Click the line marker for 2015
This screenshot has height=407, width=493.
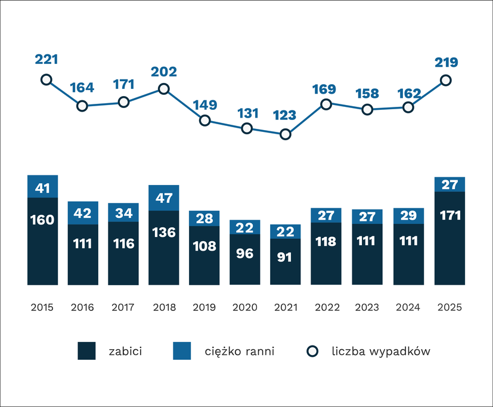pos(46,80)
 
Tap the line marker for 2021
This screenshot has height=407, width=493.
pos(286,134)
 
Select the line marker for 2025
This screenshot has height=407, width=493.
pos(445,80)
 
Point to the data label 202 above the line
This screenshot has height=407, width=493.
pos(164,72)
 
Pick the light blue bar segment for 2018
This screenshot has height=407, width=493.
pos(164,198)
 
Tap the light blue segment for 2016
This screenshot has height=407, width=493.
pos(83,213)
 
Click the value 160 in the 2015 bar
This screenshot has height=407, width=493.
pos(42,220)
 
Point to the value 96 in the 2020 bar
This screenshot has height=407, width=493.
pos(245,253)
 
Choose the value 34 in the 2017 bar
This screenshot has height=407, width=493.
pos(123,212)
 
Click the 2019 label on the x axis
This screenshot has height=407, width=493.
pos(204,308)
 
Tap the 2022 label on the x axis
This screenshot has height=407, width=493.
pos(326,308)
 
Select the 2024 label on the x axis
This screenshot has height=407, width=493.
pos(408,308)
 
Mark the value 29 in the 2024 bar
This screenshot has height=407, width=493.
pos(408,216)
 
